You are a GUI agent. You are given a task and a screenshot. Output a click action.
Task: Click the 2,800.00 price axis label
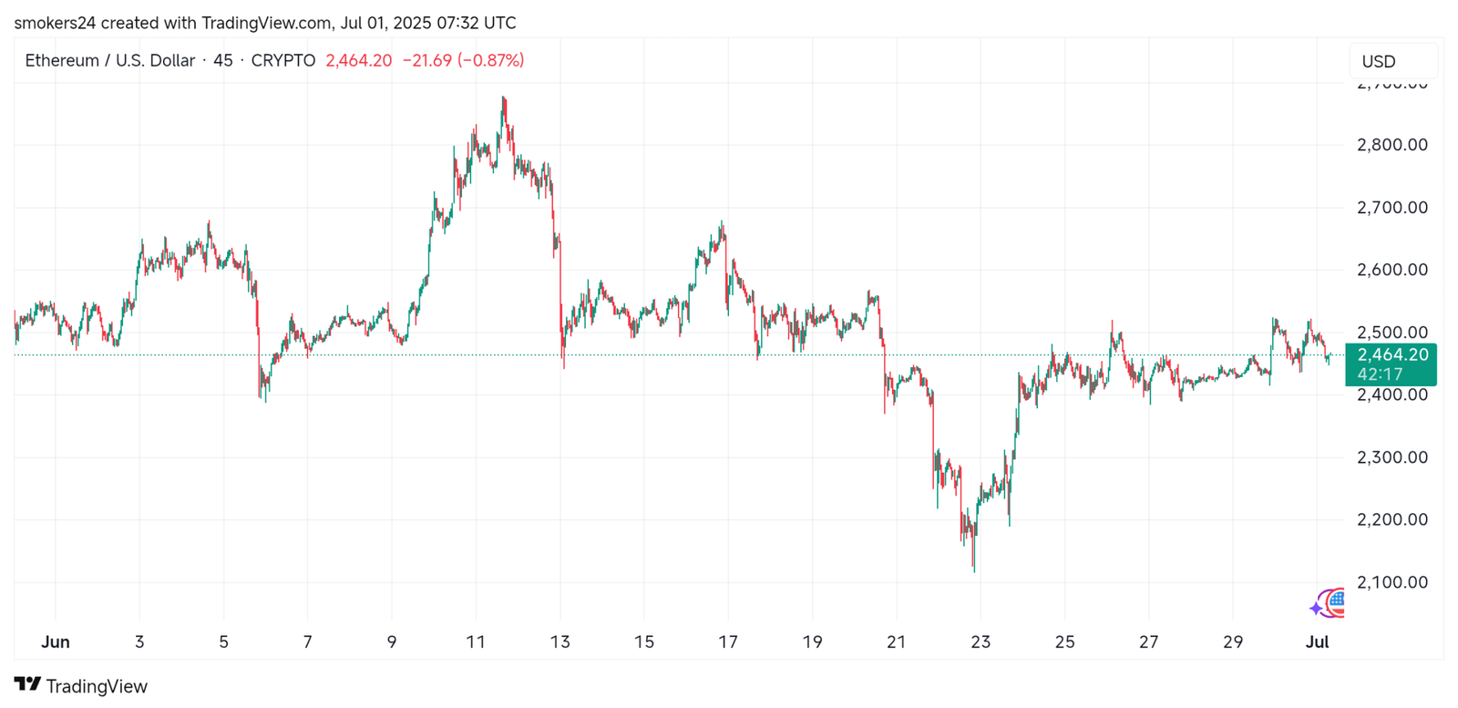click(x=1391, y=145)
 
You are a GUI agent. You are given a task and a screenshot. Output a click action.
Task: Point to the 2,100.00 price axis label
click(x=1391, y=582)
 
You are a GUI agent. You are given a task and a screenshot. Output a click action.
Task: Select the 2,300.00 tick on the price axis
click(x=1391, y=457)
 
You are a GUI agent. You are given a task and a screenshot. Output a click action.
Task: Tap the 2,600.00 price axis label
click(x=1391, y=270)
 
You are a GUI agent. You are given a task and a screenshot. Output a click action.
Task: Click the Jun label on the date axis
click(x=56, y=641)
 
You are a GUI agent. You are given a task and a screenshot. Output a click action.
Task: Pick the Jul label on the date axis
click(x=1317, y=641)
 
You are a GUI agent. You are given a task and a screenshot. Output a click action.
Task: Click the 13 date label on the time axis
click(x=560, y=641)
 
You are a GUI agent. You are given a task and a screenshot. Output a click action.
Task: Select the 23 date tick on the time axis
click(x=981, y=641)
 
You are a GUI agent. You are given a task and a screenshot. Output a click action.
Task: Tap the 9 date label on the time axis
click(x=392, y=641)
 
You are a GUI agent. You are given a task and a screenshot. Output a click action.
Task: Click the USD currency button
click(x=1379, y=61)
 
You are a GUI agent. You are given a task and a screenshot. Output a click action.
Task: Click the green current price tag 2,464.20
click(x=1391, y=355)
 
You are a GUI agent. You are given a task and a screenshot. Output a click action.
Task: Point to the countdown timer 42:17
click(x=1380, y=375)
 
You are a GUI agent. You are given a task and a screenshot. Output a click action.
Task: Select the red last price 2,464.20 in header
click(x=358, y=61)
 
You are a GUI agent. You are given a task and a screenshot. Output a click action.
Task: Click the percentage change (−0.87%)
click(x=491, y=61)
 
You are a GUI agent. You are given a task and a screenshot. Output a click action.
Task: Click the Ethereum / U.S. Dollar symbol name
click(x=109, y=61)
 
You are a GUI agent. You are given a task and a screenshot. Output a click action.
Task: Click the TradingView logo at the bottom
click(x=81, y=685)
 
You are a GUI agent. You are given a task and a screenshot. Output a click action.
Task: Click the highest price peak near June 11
click(x=503, y=97)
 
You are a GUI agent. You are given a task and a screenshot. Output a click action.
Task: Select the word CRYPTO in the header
click(x=282, y=61)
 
